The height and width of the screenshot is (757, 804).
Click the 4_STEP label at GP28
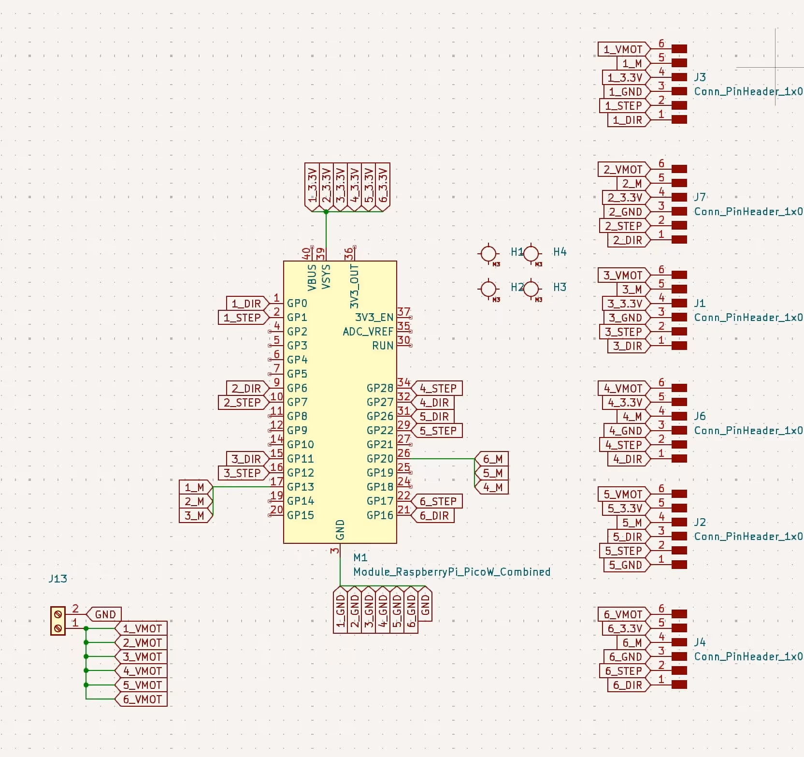pos(437,389)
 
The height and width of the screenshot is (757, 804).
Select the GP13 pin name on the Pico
pos(300,487)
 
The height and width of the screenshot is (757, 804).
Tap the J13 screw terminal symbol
pos(58,621)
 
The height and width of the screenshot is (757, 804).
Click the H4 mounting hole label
pos(560,252)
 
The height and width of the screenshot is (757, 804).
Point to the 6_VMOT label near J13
pos(142,699)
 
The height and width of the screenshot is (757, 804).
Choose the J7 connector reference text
pos(700,197)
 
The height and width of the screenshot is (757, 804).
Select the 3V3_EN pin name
pos(374,318)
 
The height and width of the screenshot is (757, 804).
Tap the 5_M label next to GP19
pos(492,473)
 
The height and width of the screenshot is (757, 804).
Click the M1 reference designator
pos(360,557)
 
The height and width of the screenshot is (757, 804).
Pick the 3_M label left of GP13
pos(194,515)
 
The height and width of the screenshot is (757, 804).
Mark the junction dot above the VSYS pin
pos(326,212)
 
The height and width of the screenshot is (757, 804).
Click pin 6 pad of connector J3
pos(679,49)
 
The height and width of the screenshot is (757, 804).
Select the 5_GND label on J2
pos(625,565)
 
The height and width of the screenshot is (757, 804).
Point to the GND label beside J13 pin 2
pos(105,614)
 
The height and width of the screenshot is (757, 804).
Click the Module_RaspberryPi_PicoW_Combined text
pos(452,572)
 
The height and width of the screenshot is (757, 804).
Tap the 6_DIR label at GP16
pos(433,515)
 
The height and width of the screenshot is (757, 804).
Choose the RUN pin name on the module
pos(383,346)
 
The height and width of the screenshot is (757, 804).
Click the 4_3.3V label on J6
pos(625,402)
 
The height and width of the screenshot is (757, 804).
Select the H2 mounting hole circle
pos(488,289)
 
